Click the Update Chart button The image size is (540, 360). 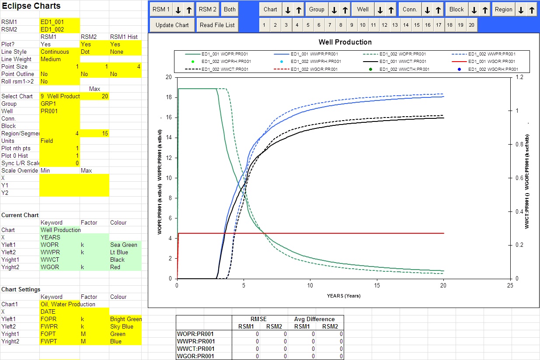coord(172,25)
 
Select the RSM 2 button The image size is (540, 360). coord(207,9)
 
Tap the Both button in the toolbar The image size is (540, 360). coord(230,9)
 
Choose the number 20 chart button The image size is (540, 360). coord(471,25)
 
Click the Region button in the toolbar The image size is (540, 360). coord(504,9)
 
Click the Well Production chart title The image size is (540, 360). coord(345,42)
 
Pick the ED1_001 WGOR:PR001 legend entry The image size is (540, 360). coord(490,62)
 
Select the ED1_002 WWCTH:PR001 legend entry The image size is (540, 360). coord(404,69)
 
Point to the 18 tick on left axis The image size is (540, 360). coord(168,97)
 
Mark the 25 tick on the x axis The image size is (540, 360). coord(509,285)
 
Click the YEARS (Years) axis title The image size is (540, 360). coord(343,296)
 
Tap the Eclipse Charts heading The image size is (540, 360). coord(31,6)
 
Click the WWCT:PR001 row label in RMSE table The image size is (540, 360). coord(196,349)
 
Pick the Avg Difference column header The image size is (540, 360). coord(315,319)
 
